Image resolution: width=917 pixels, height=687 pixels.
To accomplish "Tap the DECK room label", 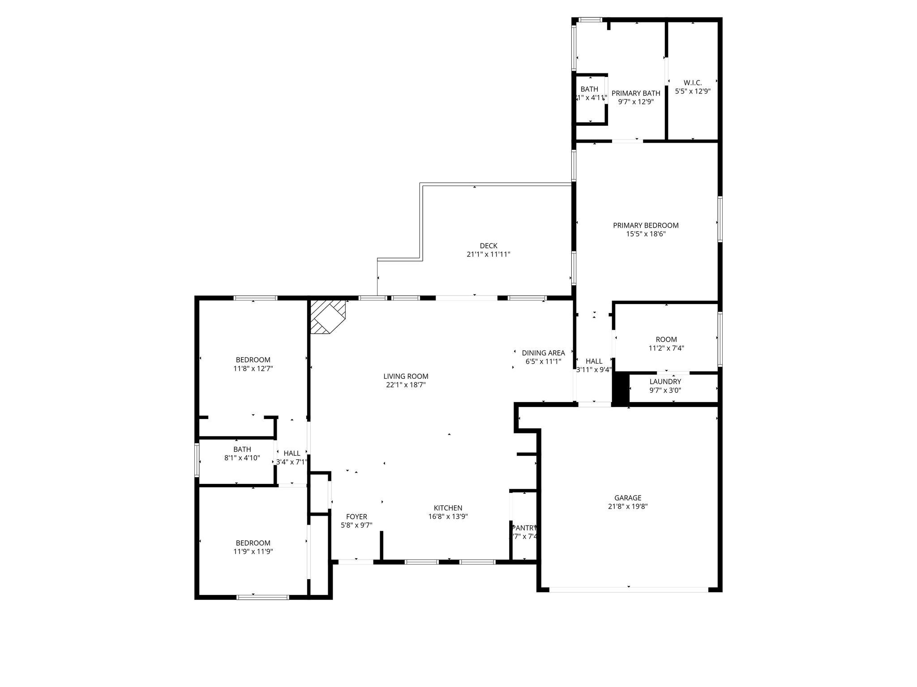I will [x=488, y=246].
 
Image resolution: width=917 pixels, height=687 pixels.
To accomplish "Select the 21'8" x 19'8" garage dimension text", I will [x=628, y=507].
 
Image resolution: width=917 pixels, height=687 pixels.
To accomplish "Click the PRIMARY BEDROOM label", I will [x=646, y=225].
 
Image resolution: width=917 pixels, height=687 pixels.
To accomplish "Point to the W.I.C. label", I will [x=693, y=83].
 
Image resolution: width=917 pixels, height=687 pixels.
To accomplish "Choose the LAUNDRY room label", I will [x=665, y=382].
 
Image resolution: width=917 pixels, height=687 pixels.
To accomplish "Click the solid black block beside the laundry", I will [x=620, y=389].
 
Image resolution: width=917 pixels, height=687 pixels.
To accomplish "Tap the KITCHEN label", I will [x=448, y=508].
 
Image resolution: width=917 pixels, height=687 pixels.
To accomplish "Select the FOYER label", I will [x=356, y=517].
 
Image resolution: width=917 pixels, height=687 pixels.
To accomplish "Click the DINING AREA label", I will [x=543, y=353].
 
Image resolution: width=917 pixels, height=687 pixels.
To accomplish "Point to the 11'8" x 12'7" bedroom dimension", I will [x=253, y=369].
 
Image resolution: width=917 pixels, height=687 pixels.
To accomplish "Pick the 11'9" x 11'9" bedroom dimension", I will [x=253, y=551].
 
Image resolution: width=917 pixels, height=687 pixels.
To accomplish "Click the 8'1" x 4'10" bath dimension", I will [x=242, y=458].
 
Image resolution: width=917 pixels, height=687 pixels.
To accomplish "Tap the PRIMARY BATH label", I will [x=636, y=93].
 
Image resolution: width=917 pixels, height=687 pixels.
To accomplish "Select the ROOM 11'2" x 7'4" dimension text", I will [x=666, y=348].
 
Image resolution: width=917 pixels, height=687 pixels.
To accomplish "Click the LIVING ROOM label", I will [x=406, y=376].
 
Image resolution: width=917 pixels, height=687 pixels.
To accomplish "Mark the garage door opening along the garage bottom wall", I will [x=628, y=589].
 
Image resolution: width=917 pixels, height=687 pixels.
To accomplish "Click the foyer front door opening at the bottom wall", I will [x=356, y=562].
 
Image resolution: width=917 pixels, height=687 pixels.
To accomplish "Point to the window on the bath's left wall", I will [x=197, y=459].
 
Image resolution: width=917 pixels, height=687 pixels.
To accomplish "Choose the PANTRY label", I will [x=524, y=528].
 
